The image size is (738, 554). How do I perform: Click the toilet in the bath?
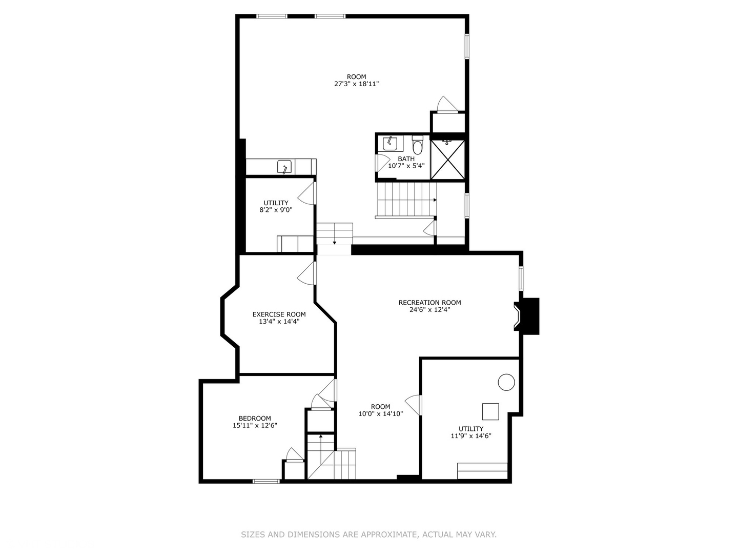tap(418, 146)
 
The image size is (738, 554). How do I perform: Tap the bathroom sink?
tap(389, 143)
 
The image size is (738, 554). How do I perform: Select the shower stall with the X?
tap(447, 160)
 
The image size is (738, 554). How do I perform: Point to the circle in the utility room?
tap(506, 382)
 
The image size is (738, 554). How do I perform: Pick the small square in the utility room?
tap(490, 412)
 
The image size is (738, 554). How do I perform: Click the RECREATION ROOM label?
tap(429, 303)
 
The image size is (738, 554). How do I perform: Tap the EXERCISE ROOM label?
tap(279, 314)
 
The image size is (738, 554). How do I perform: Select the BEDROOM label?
tap(255, 418)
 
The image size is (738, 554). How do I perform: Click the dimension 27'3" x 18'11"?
tap(356, 84)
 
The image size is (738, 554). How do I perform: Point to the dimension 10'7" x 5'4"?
tap(406, 166)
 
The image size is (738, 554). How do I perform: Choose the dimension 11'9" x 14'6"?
tap(470, 436)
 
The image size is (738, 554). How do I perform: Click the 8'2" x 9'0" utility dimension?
tap(276, 210)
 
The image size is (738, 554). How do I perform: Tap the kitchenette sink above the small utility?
tap(284, 167)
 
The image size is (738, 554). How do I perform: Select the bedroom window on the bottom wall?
tap(266, 481)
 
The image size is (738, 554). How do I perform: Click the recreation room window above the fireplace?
tap(521, 278)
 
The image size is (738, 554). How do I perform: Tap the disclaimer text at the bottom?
tap(368, 535)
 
